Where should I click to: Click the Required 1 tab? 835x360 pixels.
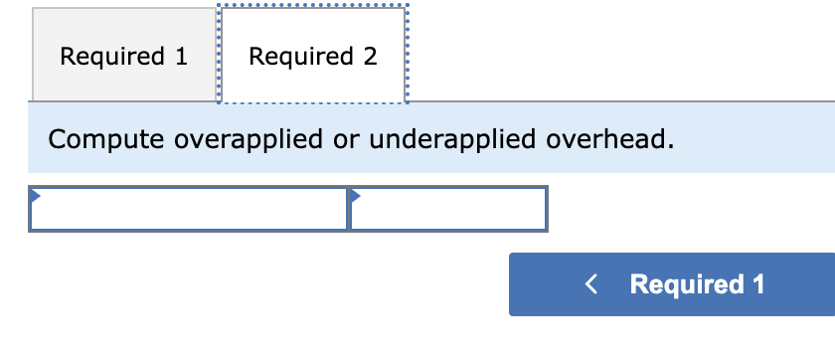(123, 57)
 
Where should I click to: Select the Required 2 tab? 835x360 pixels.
(312, 57)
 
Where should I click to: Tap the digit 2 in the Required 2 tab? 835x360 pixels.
(370, 57)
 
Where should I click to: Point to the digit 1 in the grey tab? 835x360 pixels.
(181, 57)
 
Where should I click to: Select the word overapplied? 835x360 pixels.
(249, 139)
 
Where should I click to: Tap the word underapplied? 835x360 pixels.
(452, 139)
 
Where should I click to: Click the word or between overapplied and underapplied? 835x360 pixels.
(346, 140)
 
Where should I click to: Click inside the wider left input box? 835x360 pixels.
(189, 209)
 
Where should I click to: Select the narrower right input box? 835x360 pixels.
(447, 209)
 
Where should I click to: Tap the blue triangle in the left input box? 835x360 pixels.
(35, 193)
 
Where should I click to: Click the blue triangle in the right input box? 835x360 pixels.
(355, 193)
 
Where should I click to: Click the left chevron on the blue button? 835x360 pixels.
(591, 284)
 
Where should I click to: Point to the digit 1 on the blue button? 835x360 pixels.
(758, 284)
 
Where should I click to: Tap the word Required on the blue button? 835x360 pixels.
(687, 284)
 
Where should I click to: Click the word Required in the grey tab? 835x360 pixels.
(113, 57)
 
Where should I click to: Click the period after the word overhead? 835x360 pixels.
(671, 145)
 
